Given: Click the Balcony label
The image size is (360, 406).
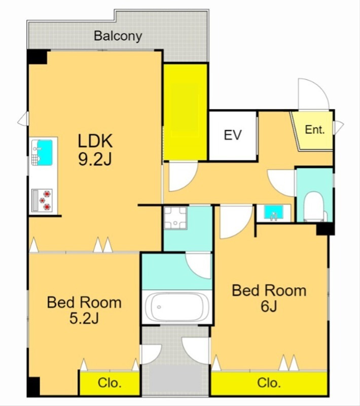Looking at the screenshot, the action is coord(118,36).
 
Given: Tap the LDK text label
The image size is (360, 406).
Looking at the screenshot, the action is coord(95,141).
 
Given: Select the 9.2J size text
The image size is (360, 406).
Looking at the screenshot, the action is coord(95,159).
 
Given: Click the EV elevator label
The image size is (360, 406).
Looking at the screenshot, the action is coord(233,135).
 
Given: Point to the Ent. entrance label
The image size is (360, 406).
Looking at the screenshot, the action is coord(315,129).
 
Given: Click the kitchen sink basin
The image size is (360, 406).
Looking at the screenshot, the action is coord(45,153).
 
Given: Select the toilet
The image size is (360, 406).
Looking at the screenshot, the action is coord(314,207).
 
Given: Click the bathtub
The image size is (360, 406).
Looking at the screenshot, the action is coord(177,307).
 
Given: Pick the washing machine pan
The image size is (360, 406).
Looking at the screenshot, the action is coord(175,218).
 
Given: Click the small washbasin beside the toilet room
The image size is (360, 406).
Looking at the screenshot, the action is coord(274,213).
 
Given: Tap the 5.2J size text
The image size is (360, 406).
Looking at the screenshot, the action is coord(84,319).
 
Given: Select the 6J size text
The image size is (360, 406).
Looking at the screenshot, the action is coord(269,307).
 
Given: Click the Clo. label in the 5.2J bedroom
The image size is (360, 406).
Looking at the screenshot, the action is coord(110,383).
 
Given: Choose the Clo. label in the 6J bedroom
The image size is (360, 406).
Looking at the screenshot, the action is coord(269,383).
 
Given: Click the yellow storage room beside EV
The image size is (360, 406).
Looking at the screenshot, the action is coord(186,112).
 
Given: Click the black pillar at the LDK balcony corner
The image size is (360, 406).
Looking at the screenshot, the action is coord(38,57).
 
